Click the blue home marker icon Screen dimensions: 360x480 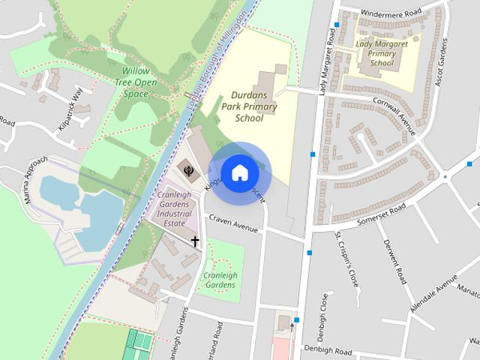pyautogui.click(x=238, y=172)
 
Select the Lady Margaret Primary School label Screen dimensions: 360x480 pyautogui.click(x=381, y=53)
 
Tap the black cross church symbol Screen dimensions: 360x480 pyautogui.click(x=195, y=241)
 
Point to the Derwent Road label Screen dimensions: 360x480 pyautogui.click(x=395, y=261)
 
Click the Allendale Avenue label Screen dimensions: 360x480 pyautogui.click(x=434, y=297)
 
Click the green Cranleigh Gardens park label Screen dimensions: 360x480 pyautogui.click(x=221, y=280)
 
